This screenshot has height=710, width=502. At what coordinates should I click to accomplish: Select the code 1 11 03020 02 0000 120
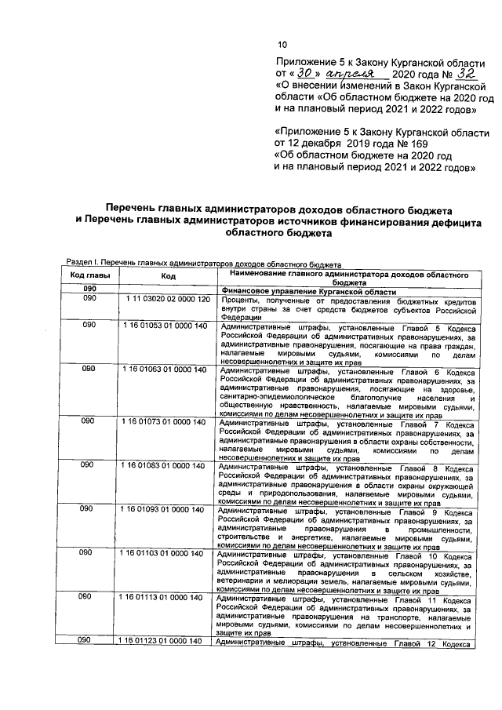click(168, 300)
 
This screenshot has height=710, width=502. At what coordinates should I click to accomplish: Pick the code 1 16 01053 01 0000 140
click(168, 324)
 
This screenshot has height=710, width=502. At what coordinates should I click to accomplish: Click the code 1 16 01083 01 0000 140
click(168, 466)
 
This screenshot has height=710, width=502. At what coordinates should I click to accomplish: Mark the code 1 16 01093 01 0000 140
click(168, 510)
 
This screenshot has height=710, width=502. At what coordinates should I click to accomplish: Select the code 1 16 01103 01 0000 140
click(168, 554)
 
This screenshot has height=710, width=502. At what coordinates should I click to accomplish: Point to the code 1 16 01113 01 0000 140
click(168, 598)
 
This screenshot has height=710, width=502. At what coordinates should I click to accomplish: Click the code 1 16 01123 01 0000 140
click(168, 642)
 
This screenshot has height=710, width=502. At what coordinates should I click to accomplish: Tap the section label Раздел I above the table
click(81, 264)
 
